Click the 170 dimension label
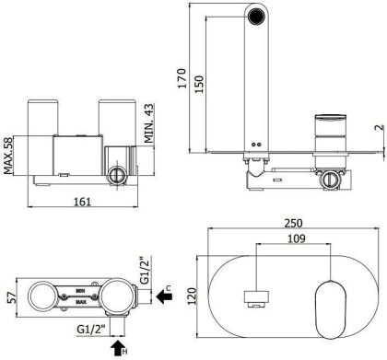click(x=182, y=78)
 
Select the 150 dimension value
click(x=199, y=85)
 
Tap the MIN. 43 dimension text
click(x=149, y=123)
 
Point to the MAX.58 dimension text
click(x=8, y=156)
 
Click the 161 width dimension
click(x=83, y=202)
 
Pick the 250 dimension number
click(x=293, y=223)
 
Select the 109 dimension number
click(x=297, y=238)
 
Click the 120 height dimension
click(x=192, y=296)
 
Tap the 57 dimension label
click(x=12, y=298)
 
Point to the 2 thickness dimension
click(x=380, y=127)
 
